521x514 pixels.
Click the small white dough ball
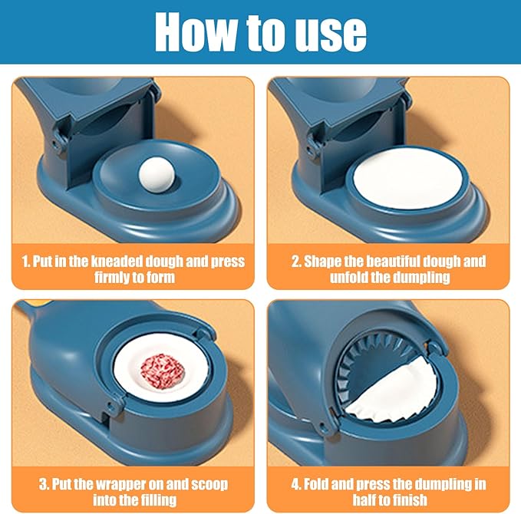(x=157, y=175)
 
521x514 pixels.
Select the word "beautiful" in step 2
(x=381, y=261)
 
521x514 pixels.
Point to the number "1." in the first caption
(x=26, y=261)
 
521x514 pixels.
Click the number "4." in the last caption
(x=296, y=484)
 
